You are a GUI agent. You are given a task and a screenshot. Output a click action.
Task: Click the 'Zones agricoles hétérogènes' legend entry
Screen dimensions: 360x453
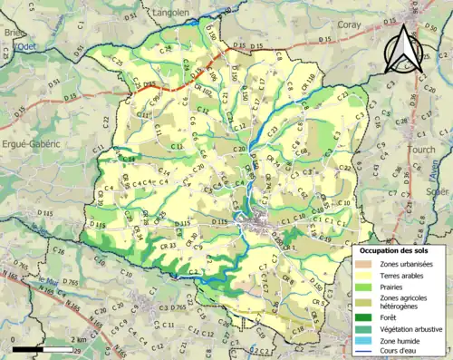401,302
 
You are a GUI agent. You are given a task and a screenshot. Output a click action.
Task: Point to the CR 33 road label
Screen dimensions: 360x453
167,246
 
